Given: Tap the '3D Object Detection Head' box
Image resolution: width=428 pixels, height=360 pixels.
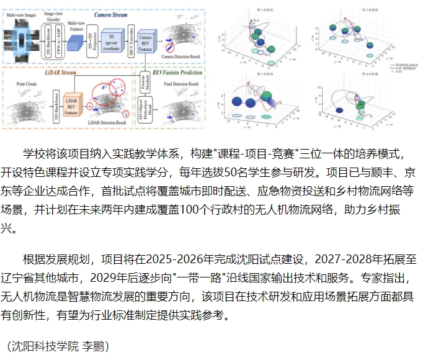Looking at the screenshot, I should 145,112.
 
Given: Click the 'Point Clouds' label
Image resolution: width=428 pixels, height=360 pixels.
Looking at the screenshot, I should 29,83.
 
